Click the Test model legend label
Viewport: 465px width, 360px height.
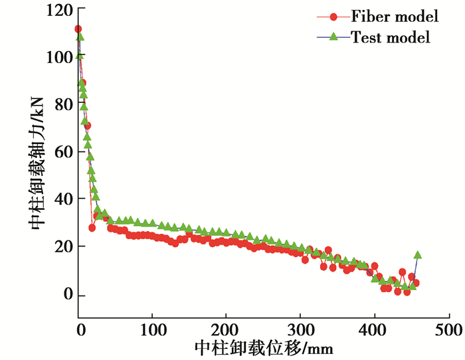click(x=391, y=37)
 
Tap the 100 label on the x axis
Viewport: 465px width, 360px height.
click(x=152, y=330)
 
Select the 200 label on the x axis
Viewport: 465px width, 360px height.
click(x=226, y=330)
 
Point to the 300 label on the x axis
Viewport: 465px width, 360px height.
click(x=300, y=330)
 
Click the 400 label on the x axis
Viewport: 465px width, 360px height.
click(x=374, y=330)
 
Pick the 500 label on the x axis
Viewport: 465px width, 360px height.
click(x=447, y=330)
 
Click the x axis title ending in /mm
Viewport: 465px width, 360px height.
click(x=264, y=348)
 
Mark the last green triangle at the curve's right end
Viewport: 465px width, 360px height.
click(x=418, y=255)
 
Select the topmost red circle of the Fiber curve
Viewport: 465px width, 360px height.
click(x=78, y=29)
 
